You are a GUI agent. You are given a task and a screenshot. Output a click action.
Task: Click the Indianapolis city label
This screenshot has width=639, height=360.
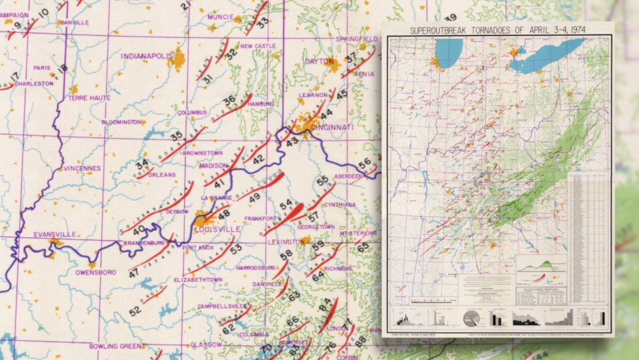tap(146, 56)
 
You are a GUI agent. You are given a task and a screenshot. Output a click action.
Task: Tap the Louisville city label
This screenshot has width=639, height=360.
tap(217, 229)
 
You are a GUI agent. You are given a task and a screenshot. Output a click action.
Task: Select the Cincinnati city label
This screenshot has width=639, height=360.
tap(332, 128)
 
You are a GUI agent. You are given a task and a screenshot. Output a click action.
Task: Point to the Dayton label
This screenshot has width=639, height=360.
tap(319, 61)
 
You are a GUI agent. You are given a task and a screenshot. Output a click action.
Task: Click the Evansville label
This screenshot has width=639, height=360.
tap(55, 234)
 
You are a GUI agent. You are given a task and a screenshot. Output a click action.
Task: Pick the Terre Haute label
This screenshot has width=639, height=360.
tap(89, 98)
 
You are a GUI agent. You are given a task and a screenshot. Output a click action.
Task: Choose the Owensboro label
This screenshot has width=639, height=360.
tap(96, 273)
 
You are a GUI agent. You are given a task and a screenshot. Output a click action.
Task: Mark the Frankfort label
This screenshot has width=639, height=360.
tap(260, 219)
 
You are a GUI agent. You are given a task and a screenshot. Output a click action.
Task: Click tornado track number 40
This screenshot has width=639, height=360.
tap(139, 230)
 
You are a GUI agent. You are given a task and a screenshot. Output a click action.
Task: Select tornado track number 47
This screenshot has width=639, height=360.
tap(133, 273)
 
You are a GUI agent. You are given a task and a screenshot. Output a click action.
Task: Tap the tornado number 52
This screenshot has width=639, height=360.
tap(135, 311)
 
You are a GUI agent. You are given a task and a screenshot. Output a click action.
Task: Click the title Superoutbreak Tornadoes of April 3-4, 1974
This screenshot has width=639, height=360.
tap(498, 30)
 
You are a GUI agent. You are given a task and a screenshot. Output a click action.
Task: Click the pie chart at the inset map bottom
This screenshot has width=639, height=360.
tap(471, 318)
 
